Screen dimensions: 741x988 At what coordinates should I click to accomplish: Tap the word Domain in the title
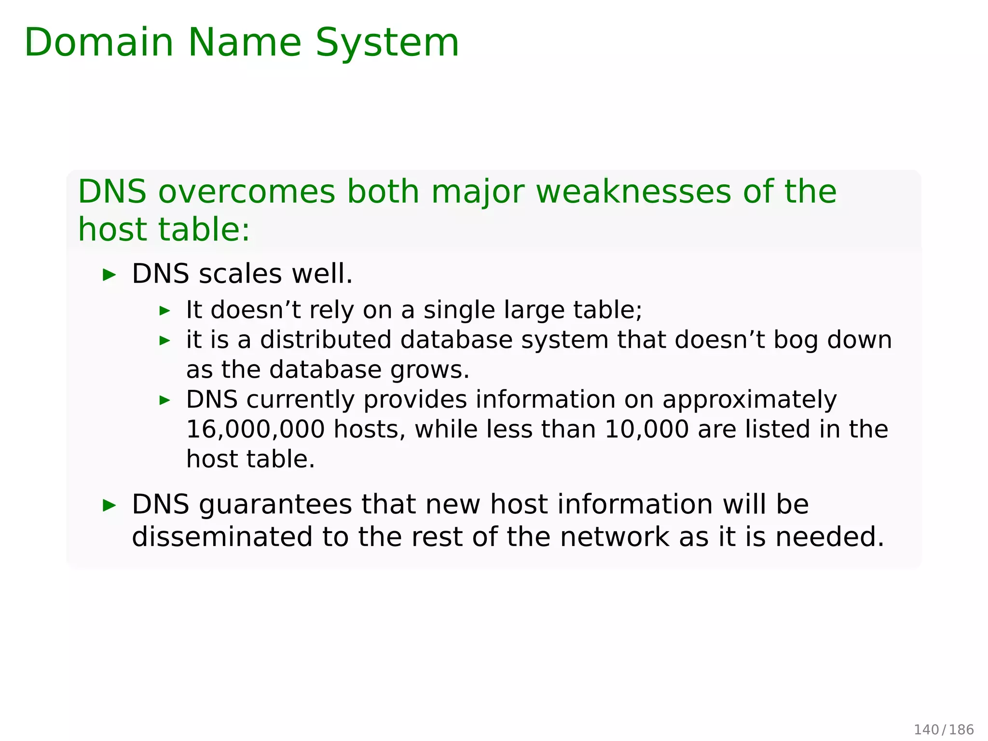[x=99, y=42]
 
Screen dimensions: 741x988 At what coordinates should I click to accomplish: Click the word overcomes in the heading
[x=247, y=192]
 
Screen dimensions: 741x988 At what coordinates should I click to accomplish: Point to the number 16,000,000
[x=255, y=429]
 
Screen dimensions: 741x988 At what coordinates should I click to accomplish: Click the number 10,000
[x=646, y=429]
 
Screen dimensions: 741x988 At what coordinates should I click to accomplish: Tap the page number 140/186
[x=944, y=729]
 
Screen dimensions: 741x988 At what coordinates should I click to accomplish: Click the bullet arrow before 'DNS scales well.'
[x=110, y=275]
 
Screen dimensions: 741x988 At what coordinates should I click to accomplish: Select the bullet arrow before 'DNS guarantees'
[x=110, y=506]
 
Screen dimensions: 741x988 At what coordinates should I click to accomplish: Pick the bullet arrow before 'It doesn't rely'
[x=165, y=311]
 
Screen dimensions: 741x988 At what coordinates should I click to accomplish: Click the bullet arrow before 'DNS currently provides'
[x=165, y=400]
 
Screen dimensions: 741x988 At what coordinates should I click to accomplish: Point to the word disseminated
[x=222, y=537]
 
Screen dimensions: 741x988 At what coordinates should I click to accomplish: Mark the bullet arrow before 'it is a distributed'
[x=165, y=341]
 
